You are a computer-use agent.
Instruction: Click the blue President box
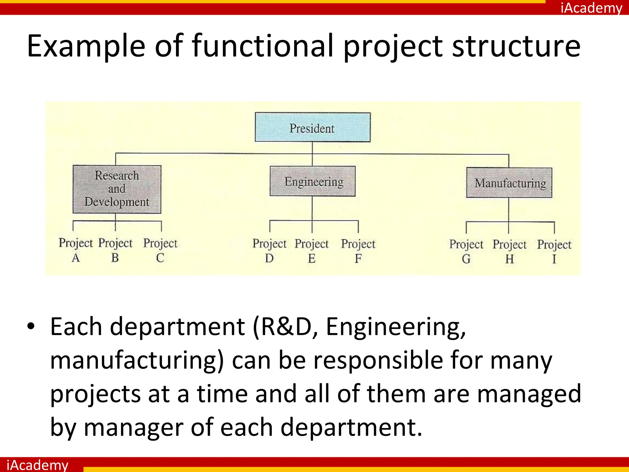click(312, 127)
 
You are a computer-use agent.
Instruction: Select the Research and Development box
click(117, 189)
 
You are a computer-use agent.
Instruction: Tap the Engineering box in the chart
click(313, 181)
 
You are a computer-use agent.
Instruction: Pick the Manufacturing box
click(509, 183)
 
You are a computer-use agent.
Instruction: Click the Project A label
click(76, 250)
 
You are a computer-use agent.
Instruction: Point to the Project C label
click(160, 250)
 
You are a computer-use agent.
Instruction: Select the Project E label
click(311, 250)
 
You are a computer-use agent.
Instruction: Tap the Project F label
click(358, 250)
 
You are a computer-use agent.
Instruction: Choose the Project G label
click(466, 251)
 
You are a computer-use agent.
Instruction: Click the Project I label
click(554, 251)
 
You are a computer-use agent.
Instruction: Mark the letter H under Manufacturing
click(510, 259)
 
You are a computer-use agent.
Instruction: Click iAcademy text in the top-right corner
click(591, 8)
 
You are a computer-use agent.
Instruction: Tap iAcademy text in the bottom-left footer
click(37, 465)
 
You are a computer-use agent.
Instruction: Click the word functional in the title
click(263, 46)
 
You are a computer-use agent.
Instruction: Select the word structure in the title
click(516, 46)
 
